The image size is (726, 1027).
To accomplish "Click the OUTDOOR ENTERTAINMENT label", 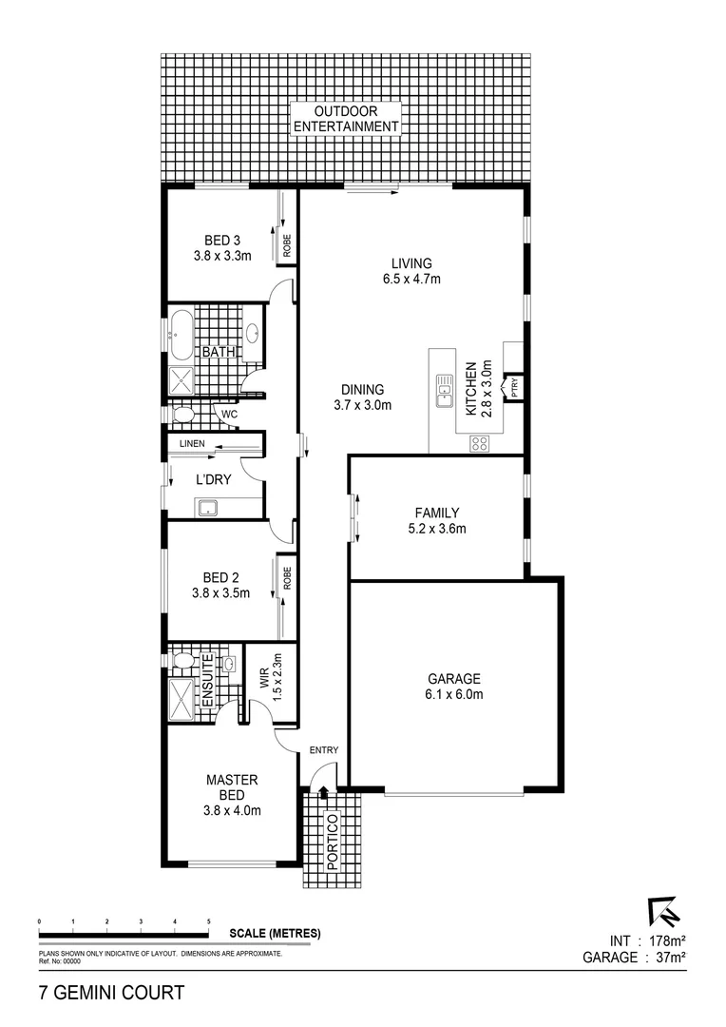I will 344,119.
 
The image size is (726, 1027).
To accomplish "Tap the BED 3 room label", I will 221,247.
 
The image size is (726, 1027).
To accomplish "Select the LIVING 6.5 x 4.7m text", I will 411,271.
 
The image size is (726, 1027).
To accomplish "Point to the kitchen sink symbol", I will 444,391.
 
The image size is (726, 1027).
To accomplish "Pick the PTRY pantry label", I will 514,387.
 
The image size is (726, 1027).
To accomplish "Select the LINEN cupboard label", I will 193,444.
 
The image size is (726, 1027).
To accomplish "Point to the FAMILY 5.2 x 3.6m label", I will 436,520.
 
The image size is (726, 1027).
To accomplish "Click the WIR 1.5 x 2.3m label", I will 271,678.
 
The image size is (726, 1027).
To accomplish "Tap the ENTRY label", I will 323,750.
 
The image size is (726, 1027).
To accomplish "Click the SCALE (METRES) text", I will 275,933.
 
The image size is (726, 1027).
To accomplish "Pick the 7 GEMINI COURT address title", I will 111,994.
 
